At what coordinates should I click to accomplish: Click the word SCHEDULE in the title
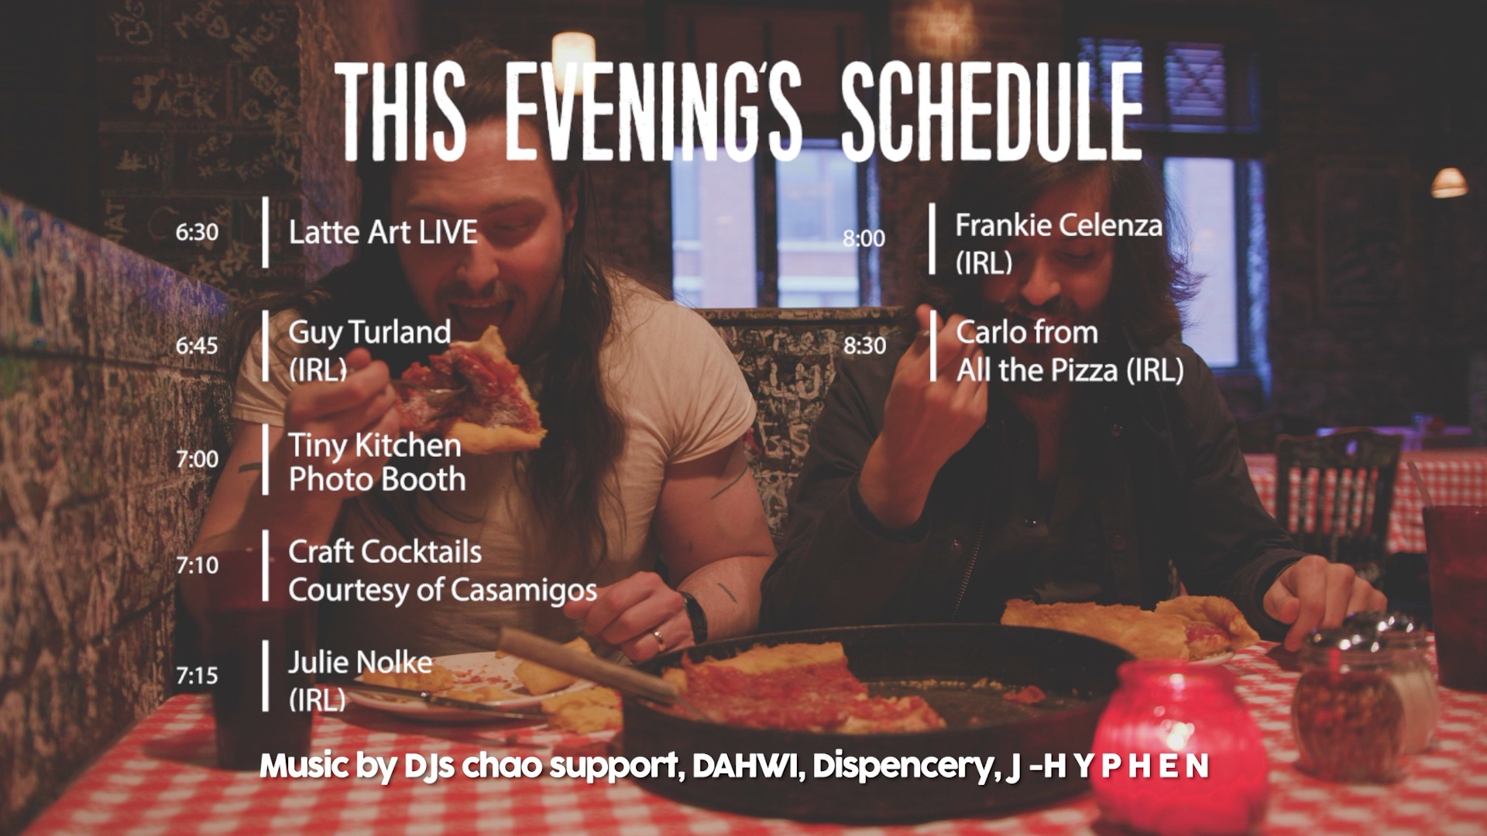[x=992, y=112]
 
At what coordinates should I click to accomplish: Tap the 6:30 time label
[x=197, y=232]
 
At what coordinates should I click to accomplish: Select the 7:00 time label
[x=197, y=459]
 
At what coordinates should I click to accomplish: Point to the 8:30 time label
[x=864, y=345]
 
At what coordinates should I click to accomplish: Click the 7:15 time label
[x=197, y=676]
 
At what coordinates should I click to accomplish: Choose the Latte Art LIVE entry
[x=383, y=232]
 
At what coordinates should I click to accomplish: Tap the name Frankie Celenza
[x=1059, y=225]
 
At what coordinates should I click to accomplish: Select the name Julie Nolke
[x=360, y=663]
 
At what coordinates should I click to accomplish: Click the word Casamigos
[x=524, y=591]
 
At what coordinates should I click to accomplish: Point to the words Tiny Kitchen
[x=375, y=445]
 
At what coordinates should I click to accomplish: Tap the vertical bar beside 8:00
[x=932, y=238]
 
